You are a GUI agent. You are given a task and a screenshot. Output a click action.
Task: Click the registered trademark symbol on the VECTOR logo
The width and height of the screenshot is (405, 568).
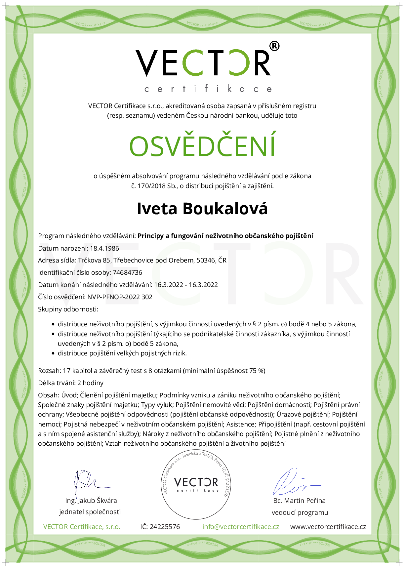click(x=274, y=46)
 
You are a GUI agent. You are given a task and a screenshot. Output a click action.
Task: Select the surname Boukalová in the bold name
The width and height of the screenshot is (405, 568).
click(x=225, y=209)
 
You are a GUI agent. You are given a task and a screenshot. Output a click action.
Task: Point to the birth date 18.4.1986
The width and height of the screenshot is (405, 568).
click(x=104, y=248)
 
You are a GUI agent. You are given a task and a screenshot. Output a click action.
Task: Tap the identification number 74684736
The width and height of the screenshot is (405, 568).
click(x=127, y=272)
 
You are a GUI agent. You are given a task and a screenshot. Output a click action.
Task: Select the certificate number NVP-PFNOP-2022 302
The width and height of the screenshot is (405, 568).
click(x=120, y=297)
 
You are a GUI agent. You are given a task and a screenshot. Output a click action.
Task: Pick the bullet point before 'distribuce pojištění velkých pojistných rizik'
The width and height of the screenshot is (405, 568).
click(x=53, y=353)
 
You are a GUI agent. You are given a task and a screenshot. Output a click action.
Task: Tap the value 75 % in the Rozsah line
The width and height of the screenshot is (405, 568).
click(x=257, y=371)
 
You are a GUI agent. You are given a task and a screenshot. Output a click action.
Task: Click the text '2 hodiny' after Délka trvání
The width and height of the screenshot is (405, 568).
click(x=90, y=383)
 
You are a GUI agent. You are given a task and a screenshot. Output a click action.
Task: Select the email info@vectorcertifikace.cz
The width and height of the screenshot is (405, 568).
click(x=241, y=527)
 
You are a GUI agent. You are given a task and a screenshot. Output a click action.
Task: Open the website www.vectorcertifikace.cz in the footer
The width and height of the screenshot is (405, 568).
click(x=328, y=527)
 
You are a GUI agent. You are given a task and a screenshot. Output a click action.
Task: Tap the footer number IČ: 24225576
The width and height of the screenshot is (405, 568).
click(x=160, y=527)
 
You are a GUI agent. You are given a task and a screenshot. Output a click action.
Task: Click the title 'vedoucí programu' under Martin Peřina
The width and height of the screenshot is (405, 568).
click(x=300, y=512)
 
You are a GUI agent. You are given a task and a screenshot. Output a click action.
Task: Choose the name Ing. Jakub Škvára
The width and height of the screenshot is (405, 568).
click(x=91, y=501)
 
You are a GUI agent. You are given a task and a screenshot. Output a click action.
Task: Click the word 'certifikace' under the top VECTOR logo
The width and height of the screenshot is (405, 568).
click(x=208, y=89)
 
